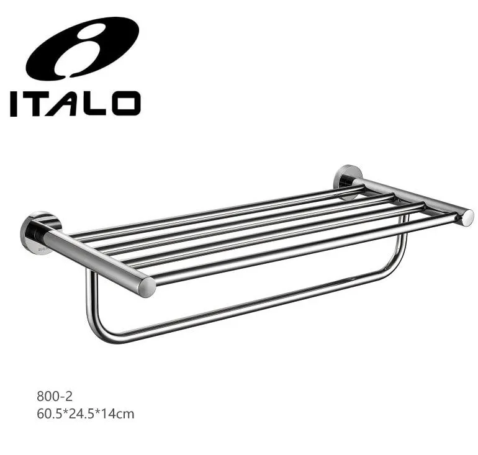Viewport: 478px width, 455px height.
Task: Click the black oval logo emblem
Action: coord(83,48)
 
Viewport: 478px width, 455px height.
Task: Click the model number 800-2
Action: coord(55,396)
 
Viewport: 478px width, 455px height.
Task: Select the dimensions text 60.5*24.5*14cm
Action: coord(86,414)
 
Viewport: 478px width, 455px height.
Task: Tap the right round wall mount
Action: coord(348,182)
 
